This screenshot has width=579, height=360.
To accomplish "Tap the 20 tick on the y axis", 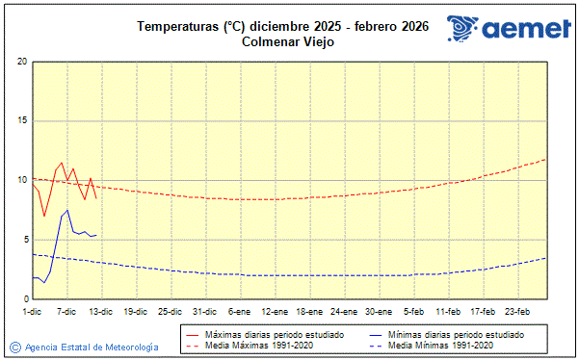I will click(21, 62).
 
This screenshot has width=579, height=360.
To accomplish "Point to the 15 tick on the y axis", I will click(21, 121).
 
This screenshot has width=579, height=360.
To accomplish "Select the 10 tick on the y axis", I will click(21, 180).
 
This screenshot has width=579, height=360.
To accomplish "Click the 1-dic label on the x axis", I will click(32, 311).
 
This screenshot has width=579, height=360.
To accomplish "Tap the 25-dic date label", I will click(170, 311).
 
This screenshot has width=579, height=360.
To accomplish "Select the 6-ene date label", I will click(239, 311).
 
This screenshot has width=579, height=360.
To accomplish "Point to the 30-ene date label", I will click(378, 311).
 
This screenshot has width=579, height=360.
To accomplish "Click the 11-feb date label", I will click(448, 311).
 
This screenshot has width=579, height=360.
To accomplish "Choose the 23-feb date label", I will click(517, 311).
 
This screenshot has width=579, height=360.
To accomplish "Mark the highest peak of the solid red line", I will click(62, 163).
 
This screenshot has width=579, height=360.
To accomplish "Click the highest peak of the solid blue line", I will click(67, 210).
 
